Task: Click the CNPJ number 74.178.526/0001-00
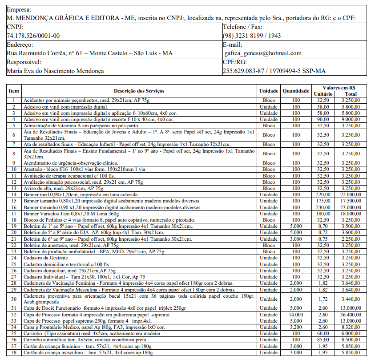coord(33,36)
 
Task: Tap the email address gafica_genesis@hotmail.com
coord(263,53)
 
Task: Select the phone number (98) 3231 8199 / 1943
coord(252,36)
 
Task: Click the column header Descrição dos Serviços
coord(139,91)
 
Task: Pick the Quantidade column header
coord(295,91)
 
